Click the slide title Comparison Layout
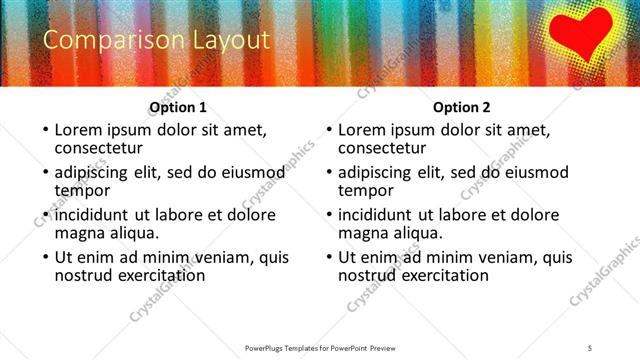click(x=157, y=40)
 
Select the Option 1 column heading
click(x=178, y=107)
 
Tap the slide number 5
click(x=590, y=347)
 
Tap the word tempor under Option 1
click(x=82, y=191)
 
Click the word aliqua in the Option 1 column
click(x=132, y=234)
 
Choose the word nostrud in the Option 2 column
click(x=367, y=276)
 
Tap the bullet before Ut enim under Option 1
click(x=44, y=258)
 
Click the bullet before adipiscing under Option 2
click(x=328, y=172)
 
